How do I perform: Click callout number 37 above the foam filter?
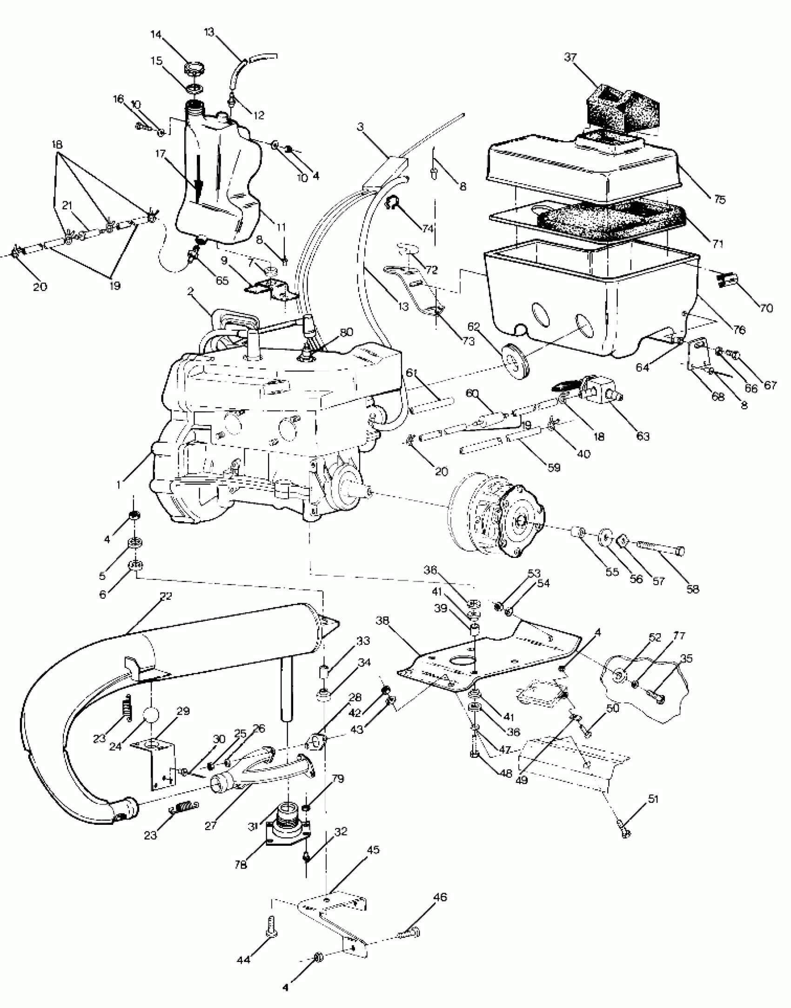[x=570, y=57]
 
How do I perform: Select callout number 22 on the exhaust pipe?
[x=165, y=596]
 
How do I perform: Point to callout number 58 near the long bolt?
[x=692, y=589]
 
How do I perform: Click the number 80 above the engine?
[x=346, y=332]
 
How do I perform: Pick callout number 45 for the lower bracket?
[x=373, y=849]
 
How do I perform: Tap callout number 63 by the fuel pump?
[x=643, y=436]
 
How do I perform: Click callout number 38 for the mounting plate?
[x=382, y=621]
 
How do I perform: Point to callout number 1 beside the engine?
[x=119, y=484]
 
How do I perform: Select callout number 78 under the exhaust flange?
[x=241, y=864]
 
